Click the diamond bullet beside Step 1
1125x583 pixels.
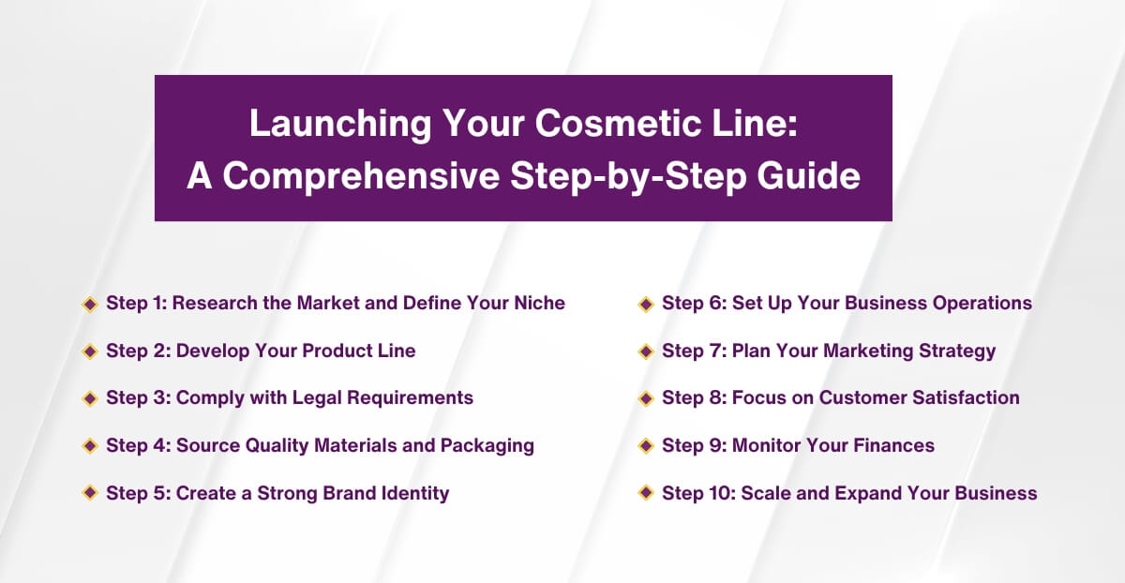[x=90, y=304]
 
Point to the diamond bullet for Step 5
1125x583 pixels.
[x=90, y=493]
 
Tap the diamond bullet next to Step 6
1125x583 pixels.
[x=646, y=304]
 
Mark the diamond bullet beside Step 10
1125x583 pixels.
[x=646, y=493]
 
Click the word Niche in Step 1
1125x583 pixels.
[x=539, y=304]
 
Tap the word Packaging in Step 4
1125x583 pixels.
[x=487, y=446]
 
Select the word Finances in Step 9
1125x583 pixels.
[x=893, y=446]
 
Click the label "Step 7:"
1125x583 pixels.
[x=694, y=351]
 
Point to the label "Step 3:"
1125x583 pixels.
[x=138, y=398]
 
